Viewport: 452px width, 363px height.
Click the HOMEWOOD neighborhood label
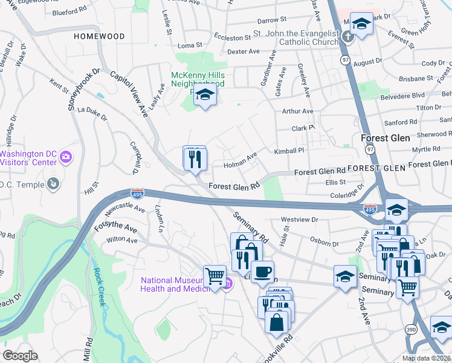(99, 36)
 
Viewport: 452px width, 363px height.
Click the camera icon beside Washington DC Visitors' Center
(66, 158)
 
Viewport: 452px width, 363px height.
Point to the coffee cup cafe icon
(262, 272)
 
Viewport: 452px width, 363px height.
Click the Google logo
(20, 356)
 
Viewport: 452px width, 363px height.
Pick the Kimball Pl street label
(288, 151)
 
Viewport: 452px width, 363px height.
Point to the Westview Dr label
(299, 220)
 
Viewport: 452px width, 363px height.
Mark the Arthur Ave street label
(298, 111)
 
